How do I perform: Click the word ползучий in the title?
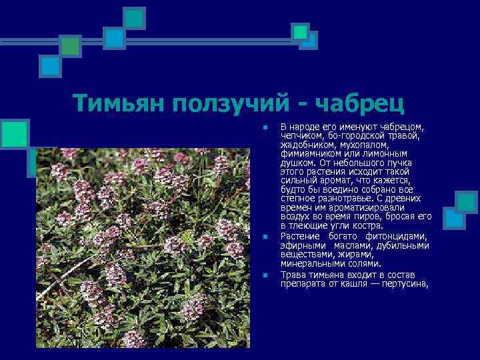tap(231, 103)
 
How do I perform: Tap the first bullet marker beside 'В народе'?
tap(265, 127)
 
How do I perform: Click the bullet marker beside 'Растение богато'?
tap(265, 237)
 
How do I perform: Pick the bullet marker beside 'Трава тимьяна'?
tap(265, 273)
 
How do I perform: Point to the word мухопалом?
tap(364, 144)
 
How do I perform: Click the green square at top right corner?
tap(301, 31)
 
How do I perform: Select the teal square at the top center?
tap(135, 18)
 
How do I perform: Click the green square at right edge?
tap(466, 202)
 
